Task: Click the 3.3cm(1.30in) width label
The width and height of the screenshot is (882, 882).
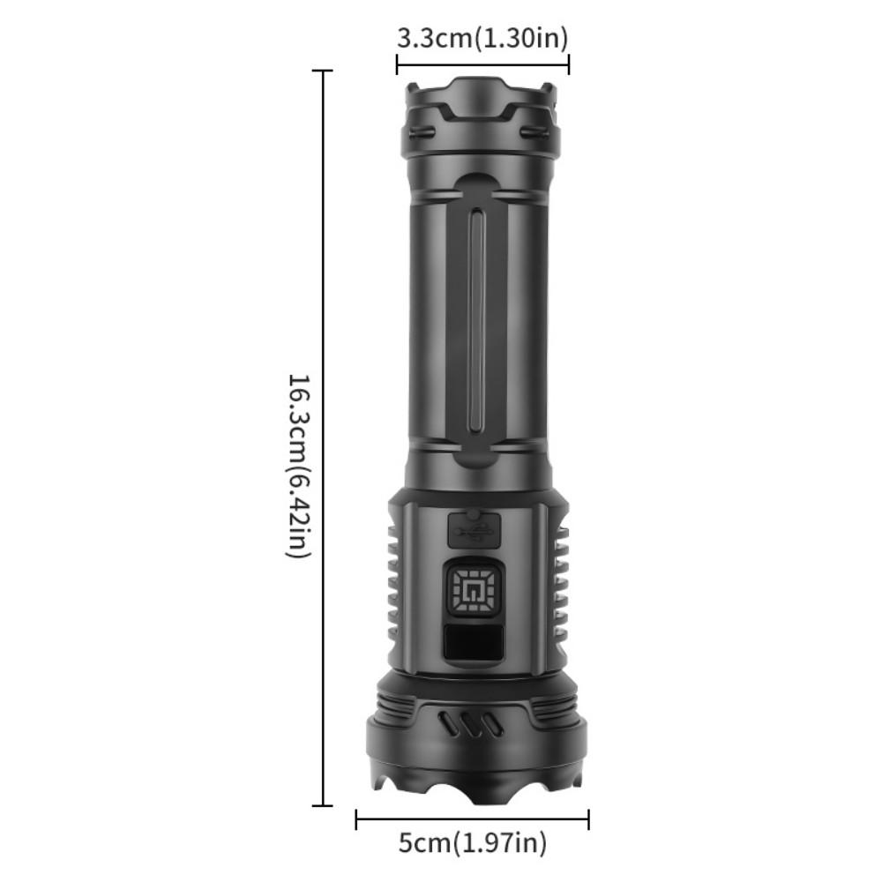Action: pos(482,38)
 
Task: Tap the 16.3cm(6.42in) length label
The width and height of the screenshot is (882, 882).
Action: pos(298,465)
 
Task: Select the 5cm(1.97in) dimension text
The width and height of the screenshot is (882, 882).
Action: pos(472,843)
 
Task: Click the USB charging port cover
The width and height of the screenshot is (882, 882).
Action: pos(473,531)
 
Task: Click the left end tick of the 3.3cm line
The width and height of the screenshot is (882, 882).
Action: pos(397,64)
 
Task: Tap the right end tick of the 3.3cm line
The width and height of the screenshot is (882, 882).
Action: pos(568,64)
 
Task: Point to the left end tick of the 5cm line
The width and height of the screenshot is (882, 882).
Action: pos(356,820)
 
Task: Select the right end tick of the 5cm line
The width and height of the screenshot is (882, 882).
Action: pos(588,820)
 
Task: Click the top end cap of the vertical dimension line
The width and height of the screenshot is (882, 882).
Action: pos(323,71)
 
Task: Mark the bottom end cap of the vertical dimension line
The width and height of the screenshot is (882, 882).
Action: pos(323,804)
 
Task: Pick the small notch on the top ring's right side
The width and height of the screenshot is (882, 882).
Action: pos(533,133)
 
